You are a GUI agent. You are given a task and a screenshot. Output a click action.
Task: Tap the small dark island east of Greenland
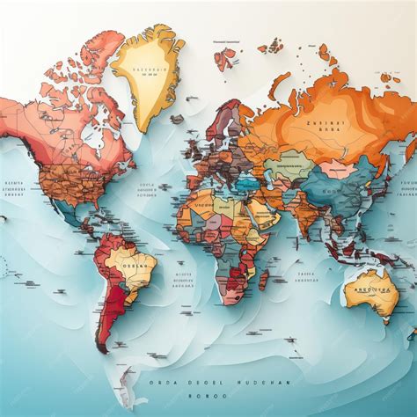[177, 119]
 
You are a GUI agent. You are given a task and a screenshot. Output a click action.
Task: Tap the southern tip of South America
[102, 347]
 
